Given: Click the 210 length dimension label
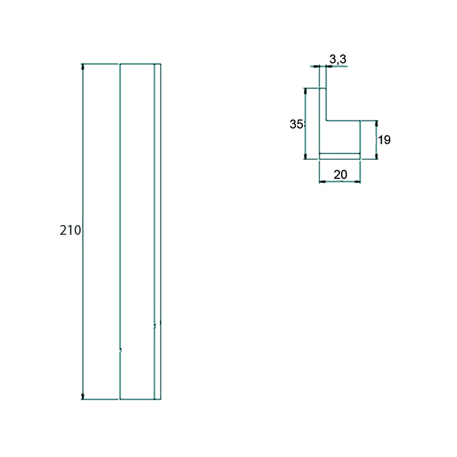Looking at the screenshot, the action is tap(70, 230).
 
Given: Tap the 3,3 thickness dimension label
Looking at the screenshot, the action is tap(338, 59).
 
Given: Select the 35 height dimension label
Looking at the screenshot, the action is tap(296, 124).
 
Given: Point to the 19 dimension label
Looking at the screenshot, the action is tap(384, 140).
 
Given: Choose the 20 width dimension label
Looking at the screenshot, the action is tap(340, 175).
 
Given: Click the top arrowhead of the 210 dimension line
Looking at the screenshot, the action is tap(83, 67).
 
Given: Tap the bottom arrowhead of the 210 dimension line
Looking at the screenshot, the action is tap(83, 396).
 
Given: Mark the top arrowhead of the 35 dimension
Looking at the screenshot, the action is tap(306, 91).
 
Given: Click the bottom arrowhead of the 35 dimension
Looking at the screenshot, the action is tap(306, 156).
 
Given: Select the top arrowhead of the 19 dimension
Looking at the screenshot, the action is tap(376, 124).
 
